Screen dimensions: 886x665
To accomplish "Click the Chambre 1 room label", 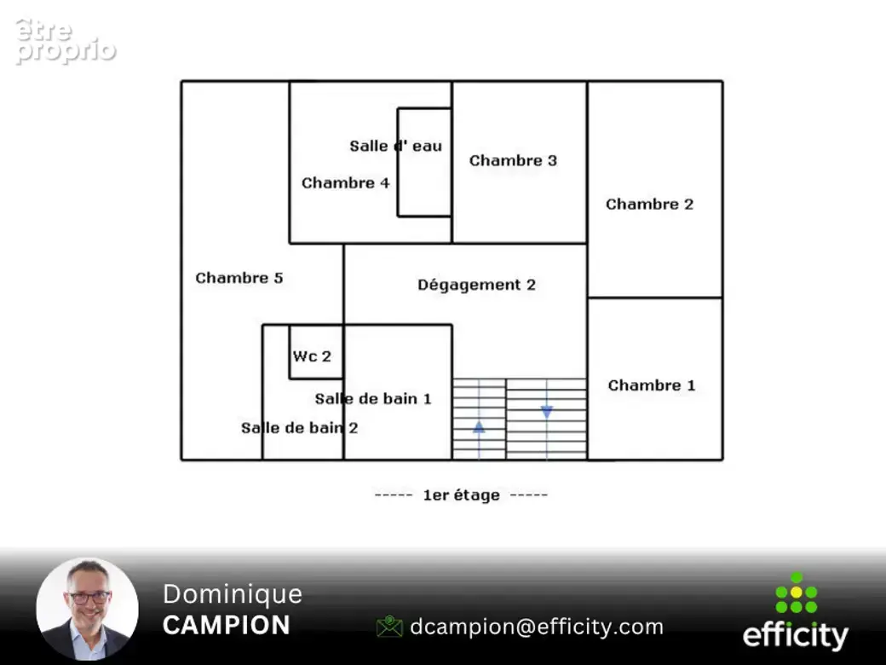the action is tap(652, 385).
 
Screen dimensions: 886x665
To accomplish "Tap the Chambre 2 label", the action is tap(649, 204).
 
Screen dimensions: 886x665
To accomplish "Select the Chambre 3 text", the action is tap(513, 160).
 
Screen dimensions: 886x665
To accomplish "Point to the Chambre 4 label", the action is tap(345, 183).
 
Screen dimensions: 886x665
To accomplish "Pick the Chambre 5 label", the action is tap(239, 278).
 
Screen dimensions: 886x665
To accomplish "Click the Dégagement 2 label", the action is tap(476, 285).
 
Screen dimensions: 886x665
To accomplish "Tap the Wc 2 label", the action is tap(312, 356).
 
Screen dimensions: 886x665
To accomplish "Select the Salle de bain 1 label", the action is tap(373, 399).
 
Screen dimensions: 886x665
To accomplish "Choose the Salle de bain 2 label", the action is tap(300, 428).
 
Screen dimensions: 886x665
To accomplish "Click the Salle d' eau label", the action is tap(395, 146).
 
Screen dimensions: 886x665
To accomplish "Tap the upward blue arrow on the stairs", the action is tap(479, 427).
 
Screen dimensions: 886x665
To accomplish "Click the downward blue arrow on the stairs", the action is tap(546, 413).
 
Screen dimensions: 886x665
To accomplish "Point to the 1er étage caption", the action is tap(461, 495).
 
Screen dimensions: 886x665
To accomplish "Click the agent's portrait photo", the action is tap(88, 610).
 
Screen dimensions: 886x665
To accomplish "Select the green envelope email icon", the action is tap(389, 627).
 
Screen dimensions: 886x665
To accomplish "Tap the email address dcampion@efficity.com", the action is tap(537, 627).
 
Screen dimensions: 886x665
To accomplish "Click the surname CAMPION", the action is tap(227, 626).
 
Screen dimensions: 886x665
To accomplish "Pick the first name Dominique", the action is tap(233, 594).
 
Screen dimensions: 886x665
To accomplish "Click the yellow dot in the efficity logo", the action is tap(797, 592).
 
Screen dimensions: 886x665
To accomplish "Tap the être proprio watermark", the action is tap(66, 41).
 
